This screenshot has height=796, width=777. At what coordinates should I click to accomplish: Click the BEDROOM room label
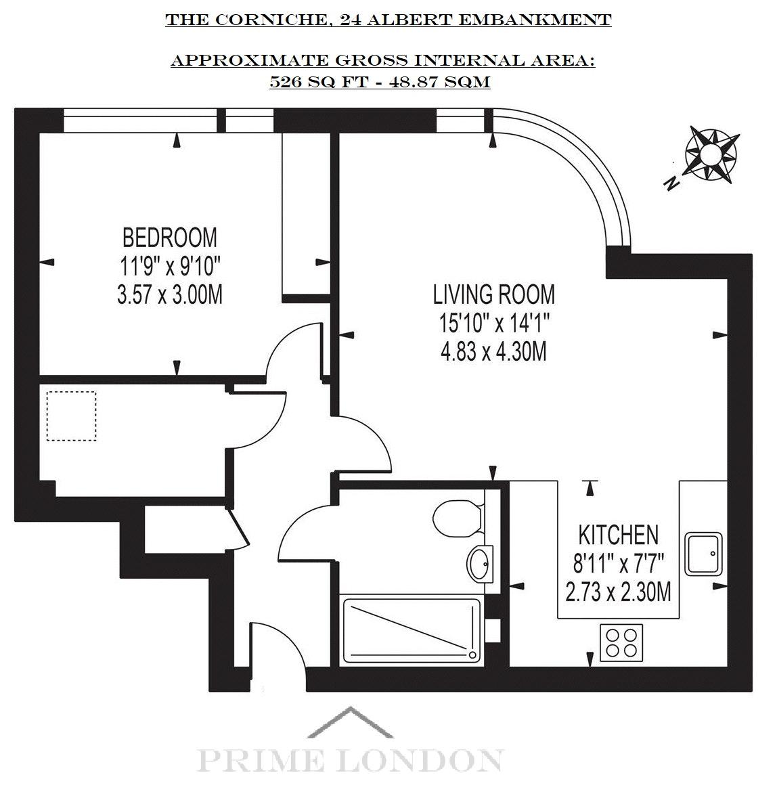(x=169, y=238)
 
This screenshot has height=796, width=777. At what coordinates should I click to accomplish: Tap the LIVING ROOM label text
(x=494, y=294)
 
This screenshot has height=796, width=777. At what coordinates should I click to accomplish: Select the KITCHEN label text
(x=618, y=535)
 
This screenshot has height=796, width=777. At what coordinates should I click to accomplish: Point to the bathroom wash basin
(x=480, y=563)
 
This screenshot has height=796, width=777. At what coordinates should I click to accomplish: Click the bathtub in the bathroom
(x=412, y=630)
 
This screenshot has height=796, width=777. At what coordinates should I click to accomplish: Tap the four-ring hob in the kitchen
(x=621, y=643)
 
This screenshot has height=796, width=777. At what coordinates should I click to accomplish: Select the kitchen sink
(x=703, y=554)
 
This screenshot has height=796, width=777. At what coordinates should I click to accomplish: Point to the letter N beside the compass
(x=672, y=183)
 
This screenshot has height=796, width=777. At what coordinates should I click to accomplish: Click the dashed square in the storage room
(x=71, y=416)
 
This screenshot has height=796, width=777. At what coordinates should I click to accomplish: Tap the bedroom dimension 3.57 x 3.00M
(x=169, y=294)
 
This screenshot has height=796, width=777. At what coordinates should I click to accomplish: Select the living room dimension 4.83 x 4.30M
(x=494, y=351)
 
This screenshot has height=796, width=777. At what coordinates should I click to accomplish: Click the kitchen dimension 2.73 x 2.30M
(x=618, y=592)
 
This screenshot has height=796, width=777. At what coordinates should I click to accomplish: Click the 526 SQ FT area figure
(x=318, y=82)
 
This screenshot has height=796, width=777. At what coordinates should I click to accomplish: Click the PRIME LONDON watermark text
(x=350, y=760)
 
